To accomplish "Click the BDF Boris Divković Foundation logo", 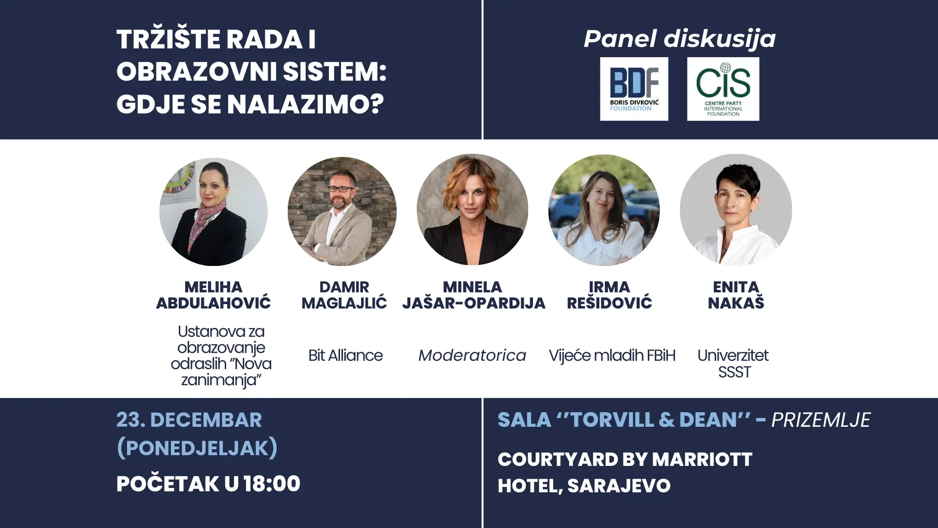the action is pos(634,89).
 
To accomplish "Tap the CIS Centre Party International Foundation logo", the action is pos(723,89).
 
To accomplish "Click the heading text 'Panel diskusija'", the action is pos(680,39).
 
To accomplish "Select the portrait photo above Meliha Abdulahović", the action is pos(213,212).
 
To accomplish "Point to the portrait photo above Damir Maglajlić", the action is pos(342,211).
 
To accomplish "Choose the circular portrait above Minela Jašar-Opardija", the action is pos(472,210).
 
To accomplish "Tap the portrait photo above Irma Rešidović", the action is pos(604,210).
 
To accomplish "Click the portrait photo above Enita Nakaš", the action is pos(736,210).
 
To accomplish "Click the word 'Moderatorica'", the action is pos(472,355).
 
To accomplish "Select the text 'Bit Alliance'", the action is pos(345,355).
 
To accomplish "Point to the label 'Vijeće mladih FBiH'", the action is pos(612,355).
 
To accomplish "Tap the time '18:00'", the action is pos(272,484).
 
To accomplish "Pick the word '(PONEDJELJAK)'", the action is pos(197,448).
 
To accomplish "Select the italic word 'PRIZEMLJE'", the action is pos(821,420).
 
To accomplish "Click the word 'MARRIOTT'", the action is pos(702,460).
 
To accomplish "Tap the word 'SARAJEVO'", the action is pos(619,486).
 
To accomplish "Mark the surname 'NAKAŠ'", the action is pos(736,303).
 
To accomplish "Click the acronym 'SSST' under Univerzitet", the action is pos(734,373).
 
